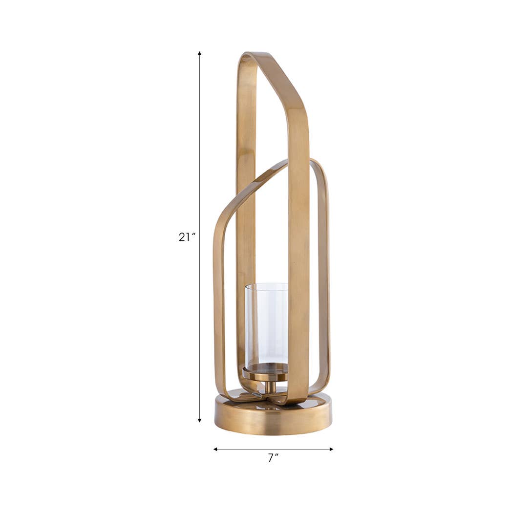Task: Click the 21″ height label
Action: click(x=187, y=237)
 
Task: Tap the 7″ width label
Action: click(x=273, y=458)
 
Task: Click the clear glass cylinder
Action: click(x=266, y=322)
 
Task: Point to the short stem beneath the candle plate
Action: click(x=268, y=387)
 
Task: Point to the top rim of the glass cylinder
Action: click(x=266, y=284)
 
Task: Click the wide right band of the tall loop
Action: click(x=299, y=244)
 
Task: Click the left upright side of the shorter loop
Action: click(x=218, y=303)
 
